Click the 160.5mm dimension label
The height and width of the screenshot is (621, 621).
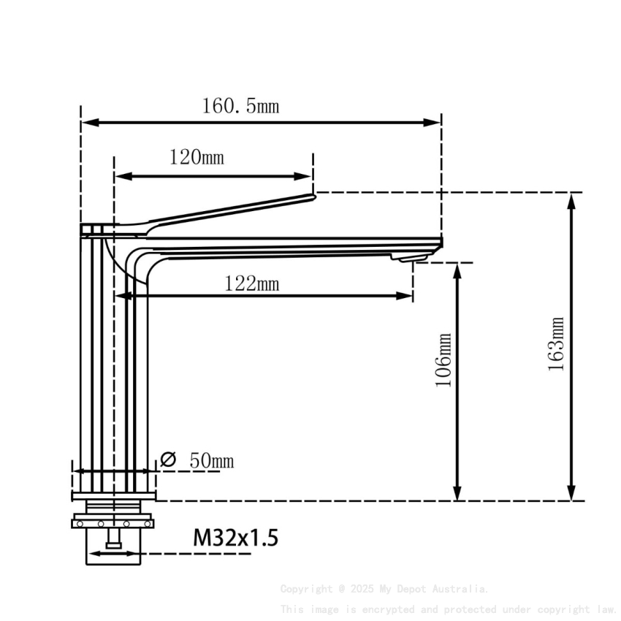[x=240, y=107]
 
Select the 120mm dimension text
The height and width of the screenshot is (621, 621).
[x=197, y=158]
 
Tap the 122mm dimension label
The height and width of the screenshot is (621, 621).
[x=251, y=283]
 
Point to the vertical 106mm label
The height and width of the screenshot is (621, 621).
[x=443, y=361]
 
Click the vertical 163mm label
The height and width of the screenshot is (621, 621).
[x=557, y=344]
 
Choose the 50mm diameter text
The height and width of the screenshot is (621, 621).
[x=211, y=461]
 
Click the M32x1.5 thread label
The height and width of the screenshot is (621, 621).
[x=235, y=539]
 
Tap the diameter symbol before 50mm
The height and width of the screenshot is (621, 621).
[x=168, y=460]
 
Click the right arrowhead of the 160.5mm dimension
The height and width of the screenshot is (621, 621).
[x=435, y=123]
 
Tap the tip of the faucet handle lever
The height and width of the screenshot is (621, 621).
[x=313, y=195]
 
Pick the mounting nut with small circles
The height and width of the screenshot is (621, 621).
[x=112, y=523]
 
